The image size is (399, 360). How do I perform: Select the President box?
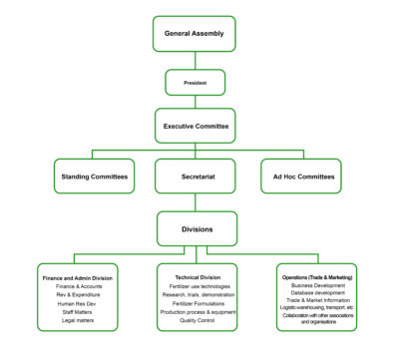point(194,83)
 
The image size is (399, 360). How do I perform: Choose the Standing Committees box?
point(93,177)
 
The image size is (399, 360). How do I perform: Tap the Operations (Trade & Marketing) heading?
point(310,276)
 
